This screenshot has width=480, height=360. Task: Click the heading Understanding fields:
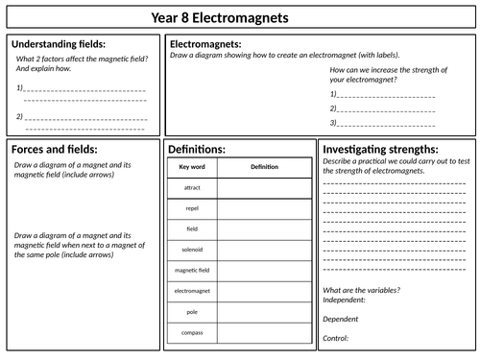point(59,45)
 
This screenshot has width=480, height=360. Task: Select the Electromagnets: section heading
point(205,44)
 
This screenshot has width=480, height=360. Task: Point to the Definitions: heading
point(197,150)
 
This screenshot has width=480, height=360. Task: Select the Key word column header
point(192,167)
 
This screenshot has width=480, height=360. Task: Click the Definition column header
point(264,167)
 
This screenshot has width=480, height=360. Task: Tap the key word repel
point(192,207)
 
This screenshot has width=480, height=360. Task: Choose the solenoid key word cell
point(192,249)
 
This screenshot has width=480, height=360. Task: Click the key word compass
point(192,332)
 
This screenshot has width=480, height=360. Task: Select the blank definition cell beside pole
point(264,311)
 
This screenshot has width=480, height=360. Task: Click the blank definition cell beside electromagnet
point(264,290)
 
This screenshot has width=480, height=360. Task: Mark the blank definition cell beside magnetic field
point(264,270)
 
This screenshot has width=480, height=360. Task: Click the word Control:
point(336,338)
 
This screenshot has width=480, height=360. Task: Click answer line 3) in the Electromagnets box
point(384,123)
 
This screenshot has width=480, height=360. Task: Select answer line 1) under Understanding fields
point(82,89)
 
